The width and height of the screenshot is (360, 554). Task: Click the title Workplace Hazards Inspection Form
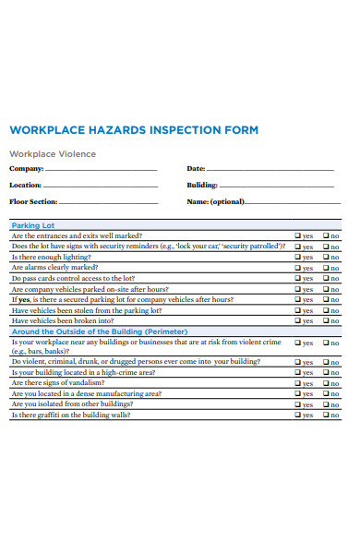point(133,130)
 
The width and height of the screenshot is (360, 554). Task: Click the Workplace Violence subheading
point(53,154)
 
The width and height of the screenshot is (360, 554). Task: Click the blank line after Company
point(102,171)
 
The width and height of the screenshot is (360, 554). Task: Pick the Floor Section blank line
point(109,202)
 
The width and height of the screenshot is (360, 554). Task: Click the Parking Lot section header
point(33,225)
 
